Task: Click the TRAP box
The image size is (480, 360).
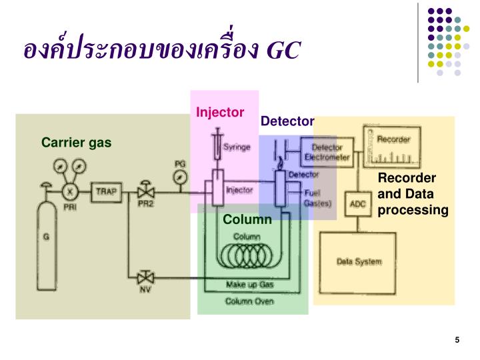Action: click(105, 192)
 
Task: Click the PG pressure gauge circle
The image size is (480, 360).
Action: click(179, 177)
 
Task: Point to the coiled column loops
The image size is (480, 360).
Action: click(245, 253)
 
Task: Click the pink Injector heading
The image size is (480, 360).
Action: click(220, 112)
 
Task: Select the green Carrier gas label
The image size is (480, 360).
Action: click(76, 142)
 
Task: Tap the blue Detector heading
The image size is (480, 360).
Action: click(287, 121)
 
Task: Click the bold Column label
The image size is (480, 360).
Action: click(247, 219)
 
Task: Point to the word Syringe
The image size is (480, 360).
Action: click(237, 147)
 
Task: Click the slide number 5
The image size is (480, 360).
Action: click(457, 341)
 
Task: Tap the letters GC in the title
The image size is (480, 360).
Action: click(283, 50)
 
